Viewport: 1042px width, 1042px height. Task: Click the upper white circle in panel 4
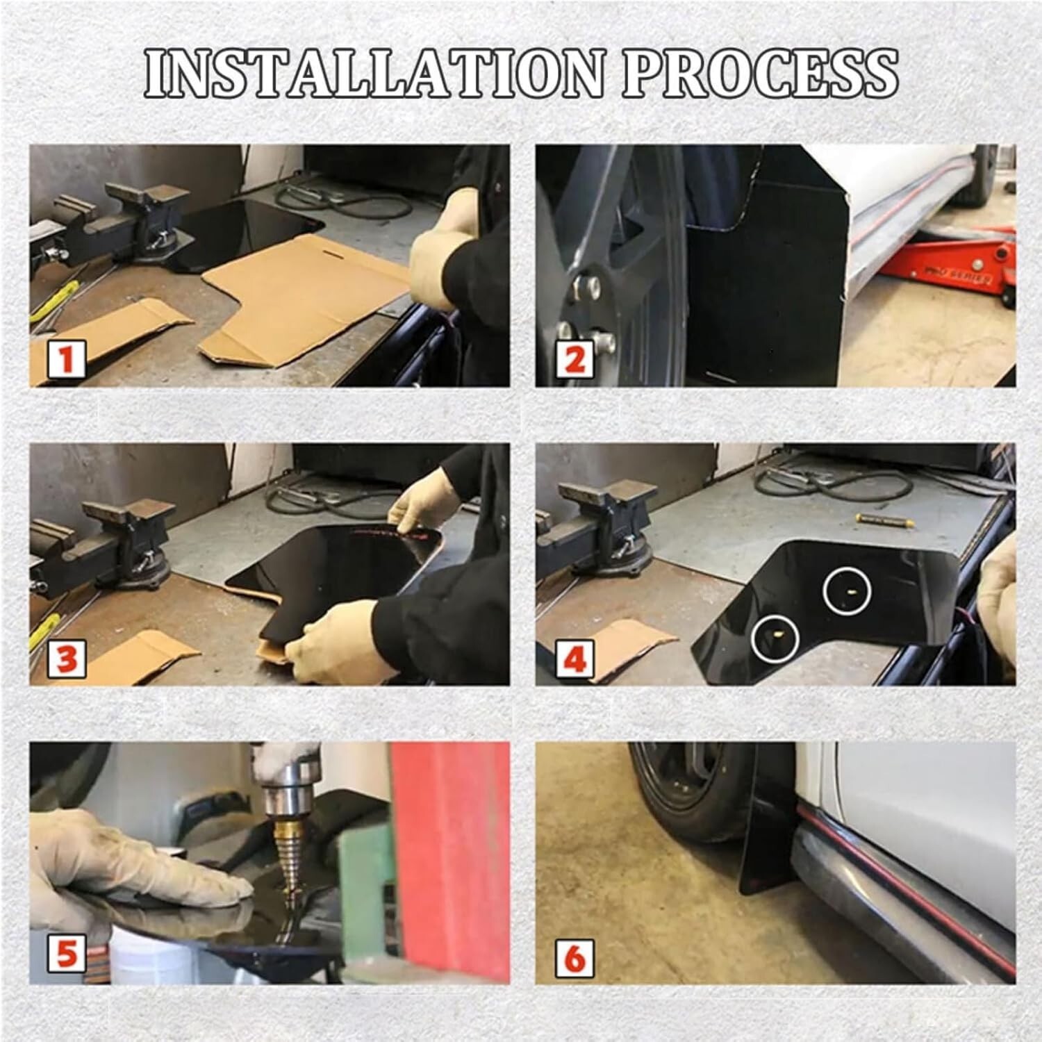(x=847, y=590)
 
